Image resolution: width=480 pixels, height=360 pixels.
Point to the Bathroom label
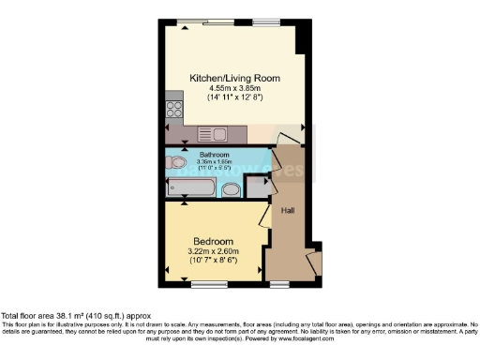215,154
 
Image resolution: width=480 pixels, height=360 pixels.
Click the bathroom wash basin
232,190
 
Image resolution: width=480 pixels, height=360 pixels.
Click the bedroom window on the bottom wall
209,283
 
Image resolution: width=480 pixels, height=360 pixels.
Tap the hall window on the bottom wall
280,283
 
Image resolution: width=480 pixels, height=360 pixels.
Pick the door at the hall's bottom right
313,262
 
